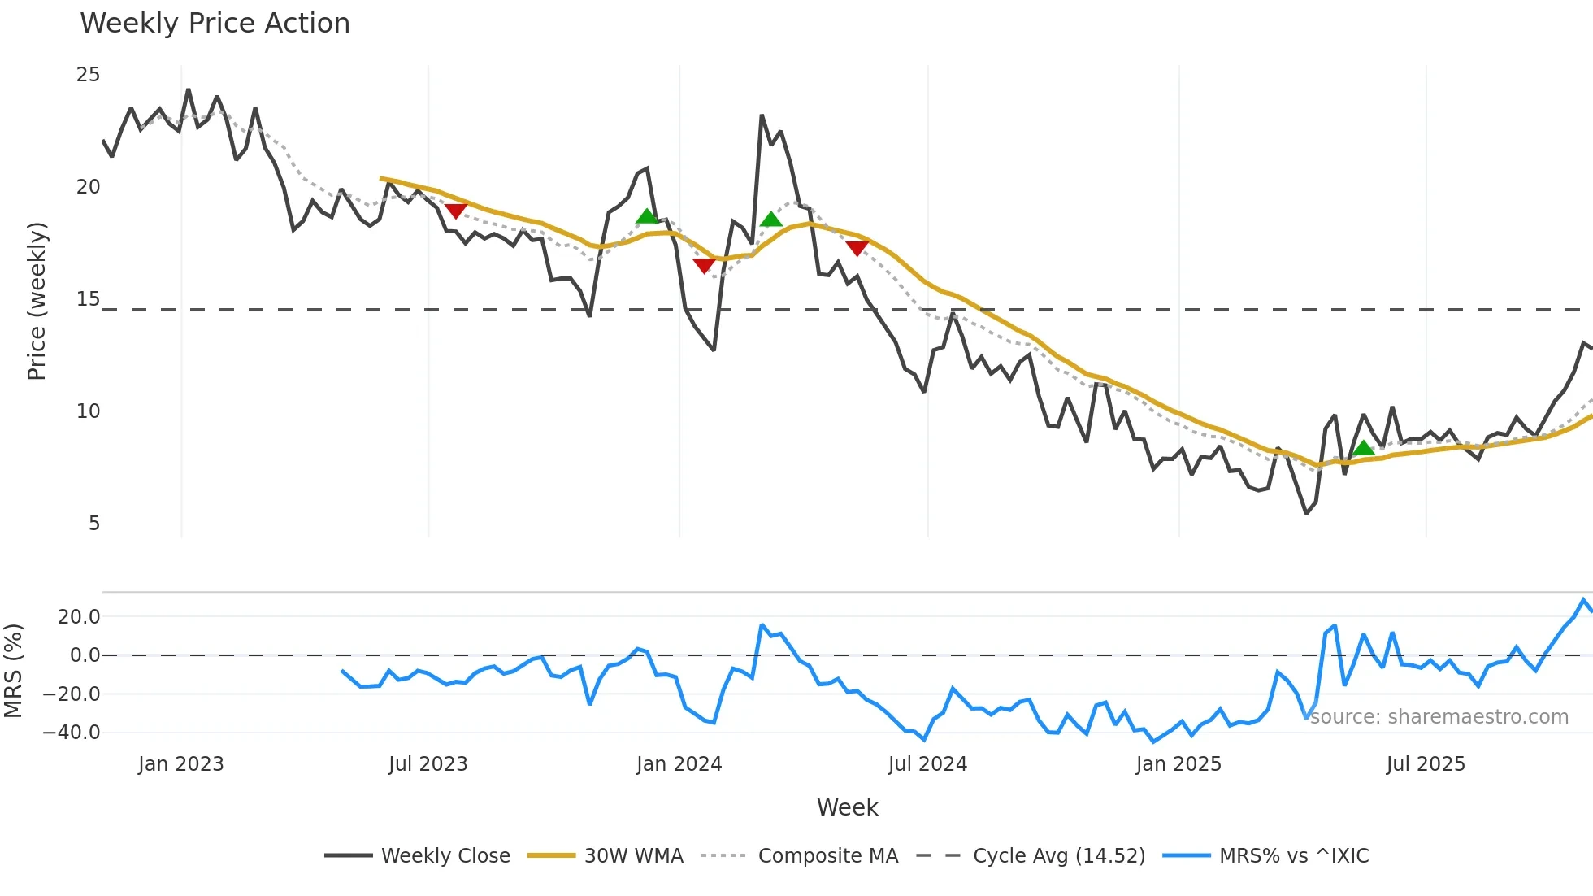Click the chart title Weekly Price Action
[215, 24]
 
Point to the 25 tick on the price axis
[88, 75]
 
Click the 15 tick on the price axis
[88, 299]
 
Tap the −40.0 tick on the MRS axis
[72, 733]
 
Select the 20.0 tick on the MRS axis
[79, 617]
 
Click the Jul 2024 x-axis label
[927, 764]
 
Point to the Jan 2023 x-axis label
[180, 764]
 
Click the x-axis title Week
[847, 807]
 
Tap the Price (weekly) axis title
[37, 301]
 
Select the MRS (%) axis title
[14, 671]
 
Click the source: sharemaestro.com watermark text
[1439, 717]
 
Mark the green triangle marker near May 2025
[1363, 448]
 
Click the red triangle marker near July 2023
[456, 211]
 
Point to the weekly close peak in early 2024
[762, 115]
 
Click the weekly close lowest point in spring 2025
[1306, 513]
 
